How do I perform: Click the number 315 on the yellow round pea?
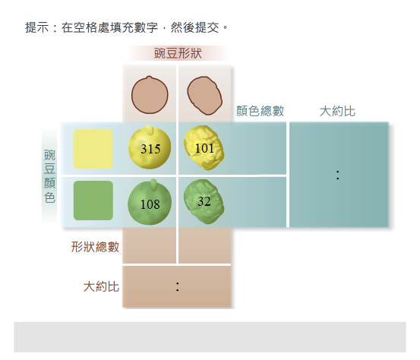pos(150,149)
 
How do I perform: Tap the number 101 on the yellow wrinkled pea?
pos(204,148)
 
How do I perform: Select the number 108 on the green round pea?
pos(150,204)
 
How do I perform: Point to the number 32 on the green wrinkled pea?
pos(204,201)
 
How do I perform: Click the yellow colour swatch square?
pos(93,149)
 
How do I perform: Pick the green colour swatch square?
pos(93,201)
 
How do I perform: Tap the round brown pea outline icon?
pos(150,94)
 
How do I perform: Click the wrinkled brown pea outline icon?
pos(205,96)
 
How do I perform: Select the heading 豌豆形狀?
pos(178,53)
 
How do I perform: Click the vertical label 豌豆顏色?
pos(49,176)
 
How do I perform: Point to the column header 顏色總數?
pos(260,111)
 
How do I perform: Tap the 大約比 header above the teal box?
pos(337,111)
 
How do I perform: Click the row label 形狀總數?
pos(95,247)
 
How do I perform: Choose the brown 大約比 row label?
pos(101,286)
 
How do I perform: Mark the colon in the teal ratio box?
pos(337,175)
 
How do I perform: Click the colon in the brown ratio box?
pos(177,286)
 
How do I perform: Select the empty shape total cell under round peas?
pos(149,246)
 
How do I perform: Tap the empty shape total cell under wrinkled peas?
pos(205,246)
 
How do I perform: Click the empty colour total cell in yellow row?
pos(259,148)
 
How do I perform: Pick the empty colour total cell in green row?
pos(259,202)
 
